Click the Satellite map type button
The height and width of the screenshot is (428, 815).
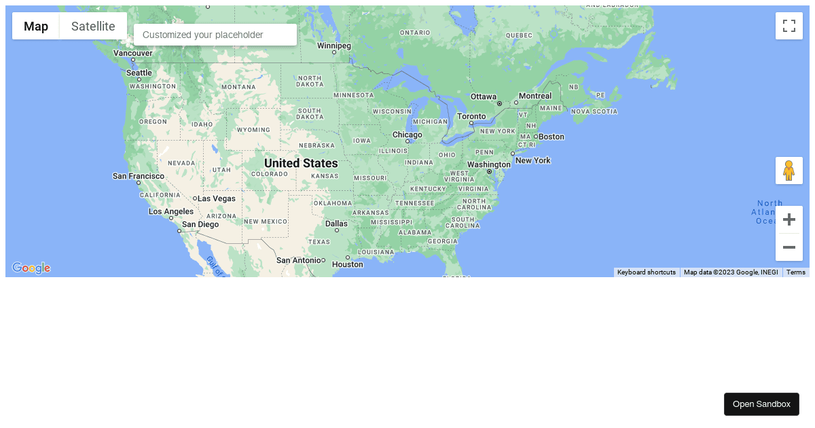[x=93, y=26]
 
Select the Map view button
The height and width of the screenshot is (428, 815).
[x=36, y=26]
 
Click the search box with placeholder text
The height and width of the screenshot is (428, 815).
[x=215, y=35]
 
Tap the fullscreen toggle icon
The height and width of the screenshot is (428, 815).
[x=789, y=26]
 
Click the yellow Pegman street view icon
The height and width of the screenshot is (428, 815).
[x=789, y=171]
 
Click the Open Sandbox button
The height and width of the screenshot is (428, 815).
[x=761, y=404]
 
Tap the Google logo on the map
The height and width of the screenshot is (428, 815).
[x=31, y=268]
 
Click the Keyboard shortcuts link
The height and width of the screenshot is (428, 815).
[x=646, y=272]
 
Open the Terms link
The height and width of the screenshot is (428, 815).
[x=795, y=272]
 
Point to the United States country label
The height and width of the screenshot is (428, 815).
[x=301, y=164]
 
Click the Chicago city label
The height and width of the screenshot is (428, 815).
[x=407, y=135]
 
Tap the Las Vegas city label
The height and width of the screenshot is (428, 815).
[x=217, y=198]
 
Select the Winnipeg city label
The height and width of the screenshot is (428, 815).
[x=334, y=46]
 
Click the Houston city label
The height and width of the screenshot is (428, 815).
[x=348, y=264]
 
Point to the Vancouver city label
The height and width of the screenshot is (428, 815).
[x=132, y=53]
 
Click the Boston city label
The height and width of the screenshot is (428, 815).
[x=551, y=137]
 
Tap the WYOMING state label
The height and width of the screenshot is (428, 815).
[x=253, y=130]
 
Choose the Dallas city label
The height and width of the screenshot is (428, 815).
[x=336, y=224]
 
